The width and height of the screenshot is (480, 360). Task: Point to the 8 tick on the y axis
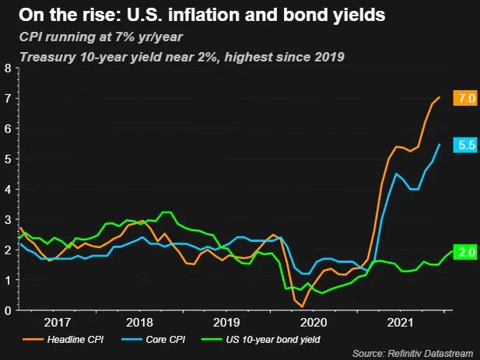pos(8,68)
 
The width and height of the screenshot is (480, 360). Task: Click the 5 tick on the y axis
pos(8,159)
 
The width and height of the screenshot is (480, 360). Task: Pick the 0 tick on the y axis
pos(8,310)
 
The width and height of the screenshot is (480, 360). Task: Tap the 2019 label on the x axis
pos(226,321)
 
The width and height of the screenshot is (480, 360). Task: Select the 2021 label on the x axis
pos(399,321)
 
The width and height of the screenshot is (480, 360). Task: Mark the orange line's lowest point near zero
pos(302,306)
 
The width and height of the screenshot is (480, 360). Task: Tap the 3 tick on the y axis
pos(8,219)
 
